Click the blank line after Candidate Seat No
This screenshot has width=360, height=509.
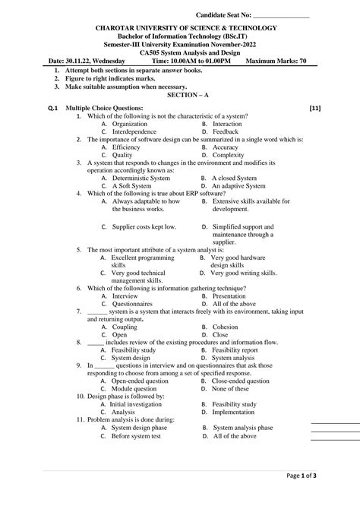coord(281,14)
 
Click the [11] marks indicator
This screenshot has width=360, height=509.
coord(314,109)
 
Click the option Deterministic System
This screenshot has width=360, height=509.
coord(141,178)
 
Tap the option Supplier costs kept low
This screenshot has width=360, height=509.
coord(144,226)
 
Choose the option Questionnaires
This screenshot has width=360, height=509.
coord(135,303)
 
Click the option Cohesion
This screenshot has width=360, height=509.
coord(226,327)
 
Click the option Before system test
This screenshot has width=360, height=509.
coord(141,436)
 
